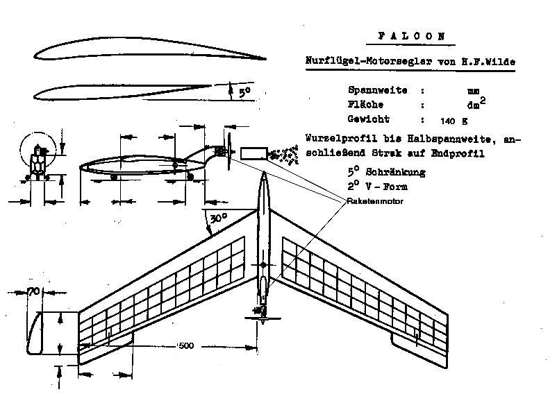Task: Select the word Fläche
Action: click(x=366, y=105)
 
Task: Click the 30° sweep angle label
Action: click(x=218, y=217)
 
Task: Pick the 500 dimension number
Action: click(x=186, y=345)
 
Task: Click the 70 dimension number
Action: click(x=32, y=293)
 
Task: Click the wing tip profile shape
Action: click(x=33, y=332)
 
